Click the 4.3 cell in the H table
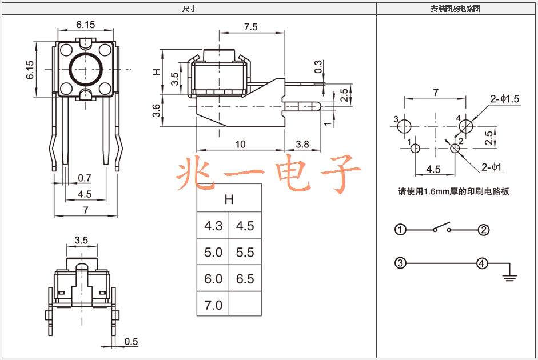click(x=213, y=226)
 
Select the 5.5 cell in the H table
click(x=245, y=252)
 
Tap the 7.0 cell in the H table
click(x=213, y=305)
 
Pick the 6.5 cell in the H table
click(x=245, y=278)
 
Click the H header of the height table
click(x=229, y=199)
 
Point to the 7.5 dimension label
click(x=250, y=27)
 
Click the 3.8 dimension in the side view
click(x=302, y=144)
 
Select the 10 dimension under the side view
click(x=240, y=144)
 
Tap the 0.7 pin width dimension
click(x=85, y=178)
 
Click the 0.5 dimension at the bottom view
click(x=131, y=342)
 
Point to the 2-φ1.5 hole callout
click(x=504, y=99)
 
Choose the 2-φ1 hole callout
click(x=491, y=167)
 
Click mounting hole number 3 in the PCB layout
click(x=404, y=126)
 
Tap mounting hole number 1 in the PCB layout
click(x=415, y=149)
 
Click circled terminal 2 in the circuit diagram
click(x=484, y=230)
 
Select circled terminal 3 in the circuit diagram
click(x=400, y=263)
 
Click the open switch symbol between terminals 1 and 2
click(x=442, y=227)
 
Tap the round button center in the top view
click(x=86, y=69)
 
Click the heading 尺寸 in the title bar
click(x=189, y=9)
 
